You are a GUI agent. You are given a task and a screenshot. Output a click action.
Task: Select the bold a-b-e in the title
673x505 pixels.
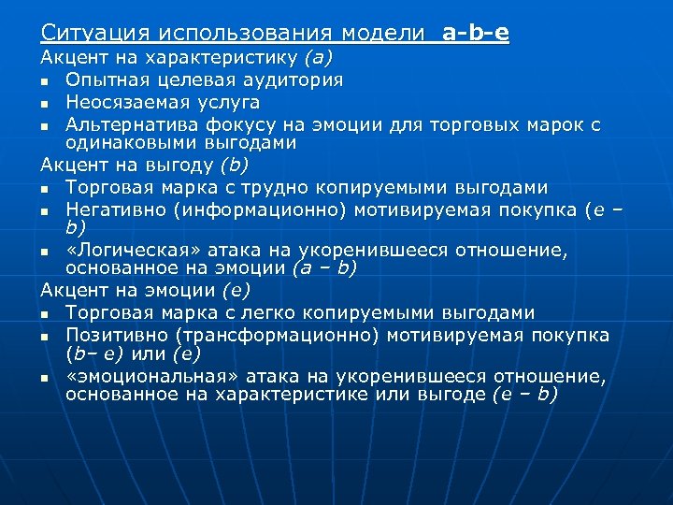(x=476, y=33)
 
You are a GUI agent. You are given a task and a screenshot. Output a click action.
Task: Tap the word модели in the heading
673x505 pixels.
(x=383, y=33)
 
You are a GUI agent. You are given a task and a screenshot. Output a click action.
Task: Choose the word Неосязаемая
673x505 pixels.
(x=127, y=102)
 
